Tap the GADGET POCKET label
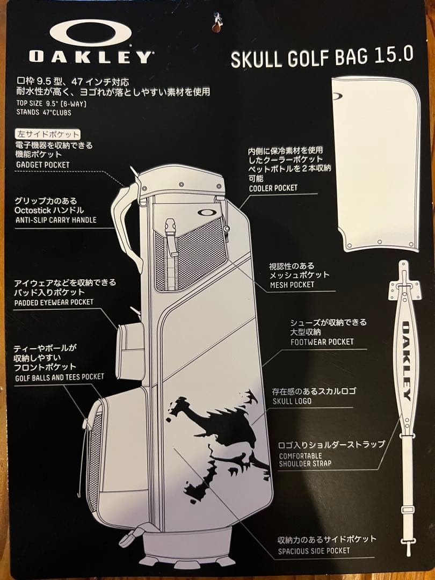(43, 164)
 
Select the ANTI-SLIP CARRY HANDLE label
(56, 219)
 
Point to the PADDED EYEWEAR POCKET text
(54, 302)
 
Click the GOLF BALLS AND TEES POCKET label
(59, 376)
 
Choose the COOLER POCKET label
(273, 188)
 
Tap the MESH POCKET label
(292, 285)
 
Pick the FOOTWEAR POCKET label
(322, 342)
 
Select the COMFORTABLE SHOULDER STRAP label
(305, 460)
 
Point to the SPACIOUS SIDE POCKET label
(314, 550)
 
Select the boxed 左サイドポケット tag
(48, 134)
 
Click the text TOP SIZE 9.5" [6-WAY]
(51, 103)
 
